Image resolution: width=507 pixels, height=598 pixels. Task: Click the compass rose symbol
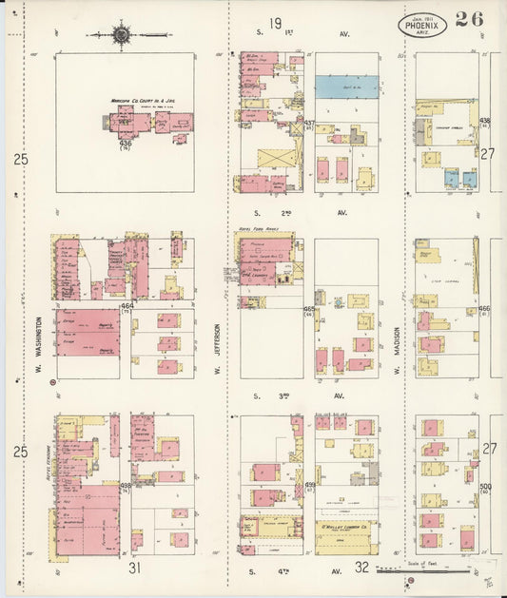click(x=123, y=36)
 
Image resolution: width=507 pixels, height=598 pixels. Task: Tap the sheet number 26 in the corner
click(x=468, y=19)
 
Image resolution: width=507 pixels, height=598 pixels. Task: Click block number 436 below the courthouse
click(x=126, y=144)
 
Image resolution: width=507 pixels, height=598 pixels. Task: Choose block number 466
click(x=484, y=308)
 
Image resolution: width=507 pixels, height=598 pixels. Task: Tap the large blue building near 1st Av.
click(x=346, y=86)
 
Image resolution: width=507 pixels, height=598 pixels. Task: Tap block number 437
click(x=308, y=124)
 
